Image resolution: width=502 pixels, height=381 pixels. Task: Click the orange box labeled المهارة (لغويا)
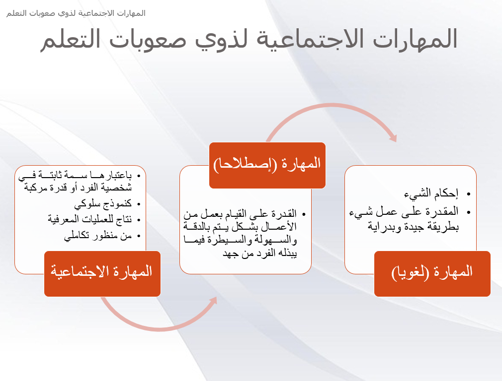432,274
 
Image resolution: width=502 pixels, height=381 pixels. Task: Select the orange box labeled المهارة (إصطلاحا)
267,165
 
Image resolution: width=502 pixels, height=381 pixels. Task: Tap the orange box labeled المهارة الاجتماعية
102,274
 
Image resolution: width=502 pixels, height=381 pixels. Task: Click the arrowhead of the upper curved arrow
394,137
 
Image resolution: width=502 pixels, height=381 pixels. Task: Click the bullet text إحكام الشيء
431,193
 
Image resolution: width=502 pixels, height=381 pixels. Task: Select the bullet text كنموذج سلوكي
103,204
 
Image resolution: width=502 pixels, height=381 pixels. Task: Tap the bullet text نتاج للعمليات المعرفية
89,219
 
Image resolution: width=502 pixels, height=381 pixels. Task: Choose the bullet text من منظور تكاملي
97,236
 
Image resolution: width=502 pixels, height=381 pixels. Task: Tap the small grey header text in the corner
76,13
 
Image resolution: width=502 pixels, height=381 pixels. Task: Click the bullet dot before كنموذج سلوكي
139,204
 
